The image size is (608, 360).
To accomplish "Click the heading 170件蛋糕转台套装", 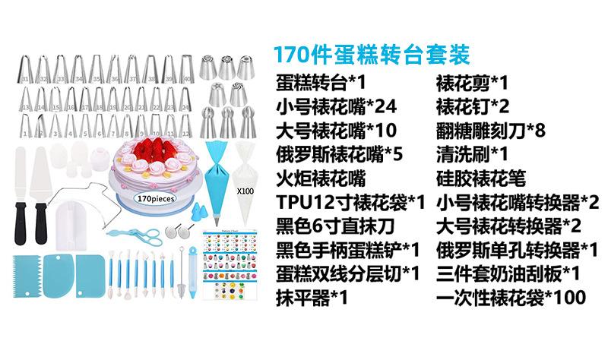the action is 372,55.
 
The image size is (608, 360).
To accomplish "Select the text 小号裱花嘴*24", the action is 335,106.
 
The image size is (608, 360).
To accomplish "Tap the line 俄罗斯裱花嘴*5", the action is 339,154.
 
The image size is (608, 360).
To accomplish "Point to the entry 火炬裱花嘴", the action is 320,178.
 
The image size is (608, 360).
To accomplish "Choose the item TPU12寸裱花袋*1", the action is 350,203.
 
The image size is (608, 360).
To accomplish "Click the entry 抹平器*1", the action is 311,297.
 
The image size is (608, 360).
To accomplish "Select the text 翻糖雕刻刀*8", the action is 490,130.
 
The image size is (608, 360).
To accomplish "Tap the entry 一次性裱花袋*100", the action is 511,297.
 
